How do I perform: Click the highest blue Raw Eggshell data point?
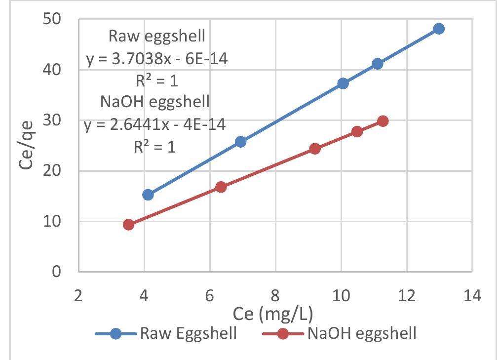coord(439,29)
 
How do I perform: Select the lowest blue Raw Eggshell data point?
coord(148,195)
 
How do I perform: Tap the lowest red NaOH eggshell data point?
coord(129,225)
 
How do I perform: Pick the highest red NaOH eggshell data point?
coord(383,121)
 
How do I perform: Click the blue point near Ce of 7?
coord(240,142)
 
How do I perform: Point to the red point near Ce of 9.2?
coord(315,149)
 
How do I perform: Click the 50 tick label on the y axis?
coord(50,19)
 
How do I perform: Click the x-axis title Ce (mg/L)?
coord(274,314)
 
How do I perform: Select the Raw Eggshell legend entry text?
coord(189,333)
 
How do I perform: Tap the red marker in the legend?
coord(282,334)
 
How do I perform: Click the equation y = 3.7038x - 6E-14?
coord(157,60)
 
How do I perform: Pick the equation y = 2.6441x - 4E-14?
coord(155,125)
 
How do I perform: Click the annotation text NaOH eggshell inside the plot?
coord(155,102)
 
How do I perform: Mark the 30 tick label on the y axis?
coord(50,120)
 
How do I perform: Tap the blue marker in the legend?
coord(115,334)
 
